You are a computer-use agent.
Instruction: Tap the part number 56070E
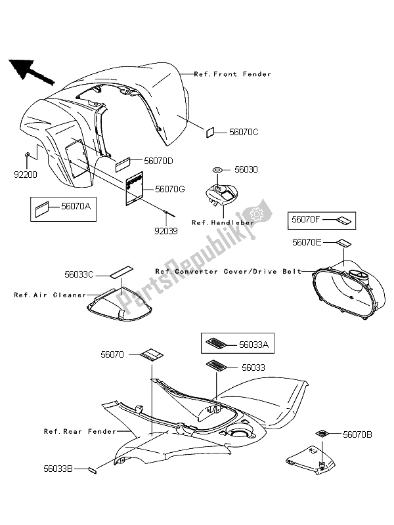(x=308, y=242)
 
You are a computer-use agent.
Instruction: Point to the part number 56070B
(x=357, y=434)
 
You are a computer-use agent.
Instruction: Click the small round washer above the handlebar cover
(x=217, y=171)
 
